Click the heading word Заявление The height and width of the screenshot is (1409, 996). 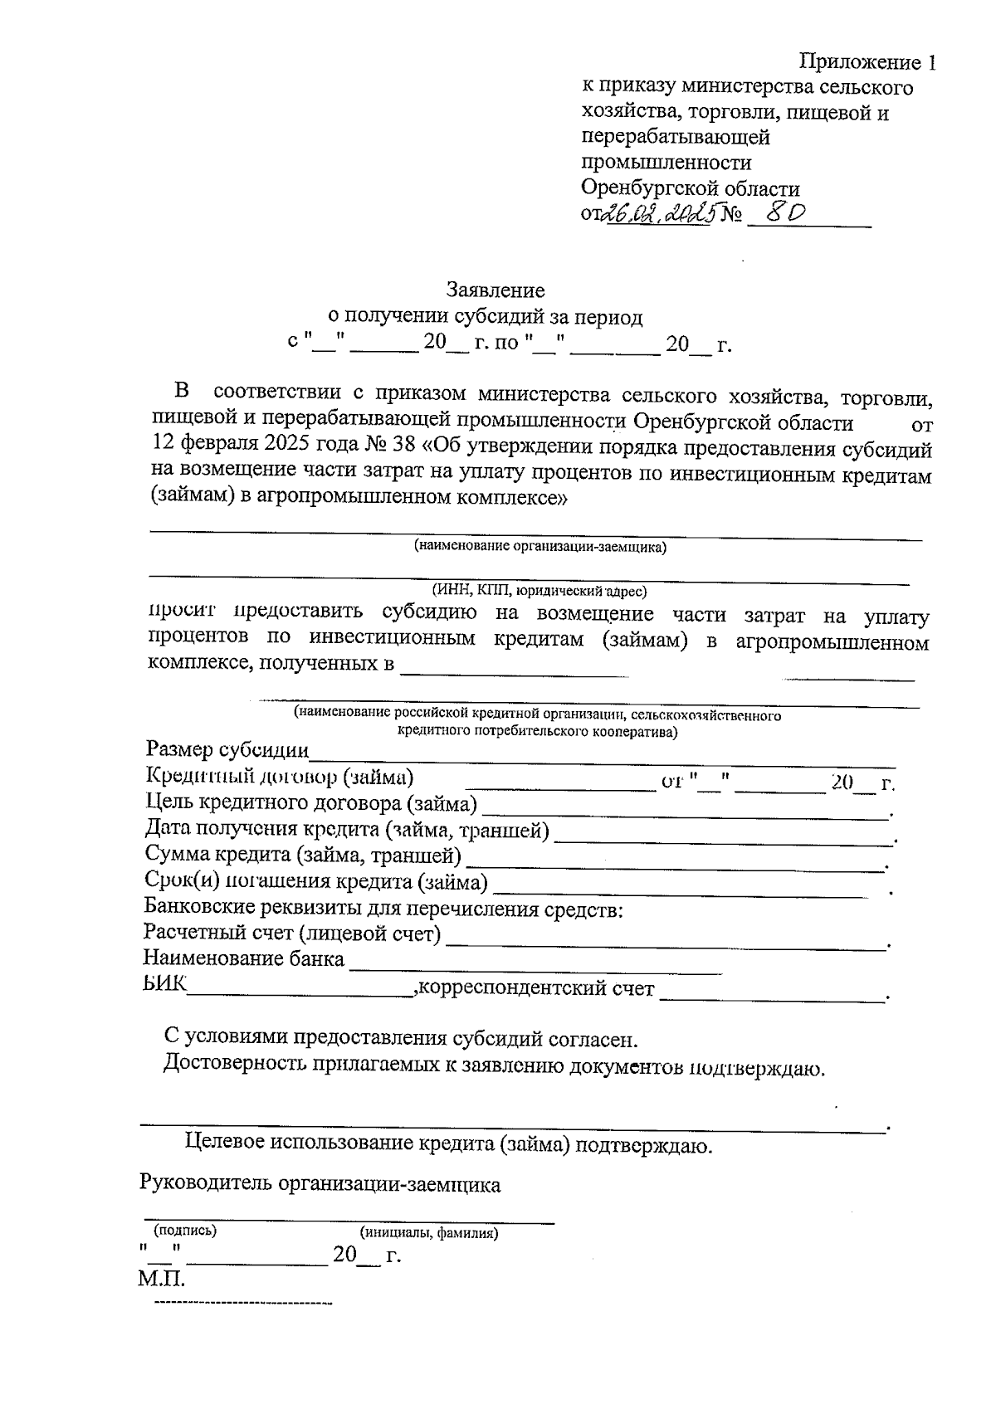496,290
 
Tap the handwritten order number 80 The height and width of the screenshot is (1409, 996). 784,213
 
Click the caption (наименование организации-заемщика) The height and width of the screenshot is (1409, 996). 540,548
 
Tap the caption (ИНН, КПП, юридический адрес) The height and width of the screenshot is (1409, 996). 539,591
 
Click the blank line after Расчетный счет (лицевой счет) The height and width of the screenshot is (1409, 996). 664,939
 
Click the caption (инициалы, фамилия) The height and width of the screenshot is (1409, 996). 428,1233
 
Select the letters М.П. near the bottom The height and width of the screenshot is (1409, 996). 163,1279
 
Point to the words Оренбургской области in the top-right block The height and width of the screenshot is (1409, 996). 691,188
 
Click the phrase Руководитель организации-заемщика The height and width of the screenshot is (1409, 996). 320,1184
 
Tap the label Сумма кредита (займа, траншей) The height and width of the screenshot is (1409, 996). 302,855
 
